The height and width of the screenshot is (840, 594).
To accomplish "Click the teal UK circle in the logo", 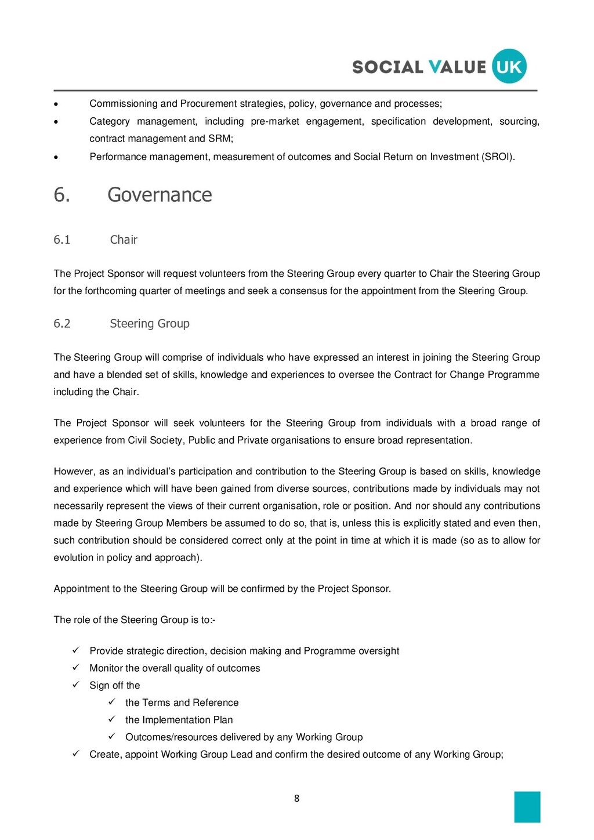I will pyautogui.click(x=509, y=66).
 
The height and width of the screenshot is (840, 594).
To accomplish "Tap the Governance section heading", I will pyautogui.click(x=160, y=195).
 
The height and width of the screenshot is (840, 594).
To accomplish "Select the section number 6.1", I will pyautogui.click(x=62, y=240).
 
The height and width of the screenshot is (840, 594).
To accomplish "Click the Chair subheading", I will pyautogui.click(x=124, y=240).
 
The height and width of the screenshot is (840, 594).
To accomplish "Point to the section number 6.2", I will pyautogui.click(x=62, y=324).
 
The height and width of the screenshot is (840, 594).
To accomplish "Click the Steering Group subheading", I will pyautogui.click(x=150, y=324).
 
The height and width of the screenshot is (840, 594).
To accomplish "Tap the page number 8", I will pyautogui.click(x=297, y=799).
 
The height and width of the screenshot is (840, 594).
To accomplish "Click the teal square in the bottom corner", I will pyautogui.click(x=527, y=807).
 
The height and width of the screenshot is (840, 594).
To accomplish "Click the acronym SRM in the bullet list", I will pyautogui.click(x=219, y=139).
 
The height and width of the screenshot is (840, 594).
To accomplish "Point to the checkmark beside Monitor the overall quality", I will pyautogui.click(x=75, y=668).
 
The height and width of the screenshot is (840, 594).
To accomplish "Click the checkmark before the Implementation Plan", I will pyautogui.click(x=111, y=719).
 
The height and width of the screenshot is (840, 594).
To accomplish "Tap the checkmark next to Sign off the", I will pyautogui.click(x=75, y=685).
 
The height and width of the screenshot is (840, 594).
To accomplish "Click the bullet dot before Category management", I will pyautogui.click(x=56, y=122).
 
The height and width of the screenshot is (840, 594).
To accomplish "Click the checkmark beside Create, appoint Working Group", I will pyautogui.click(x=75, y=754).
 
